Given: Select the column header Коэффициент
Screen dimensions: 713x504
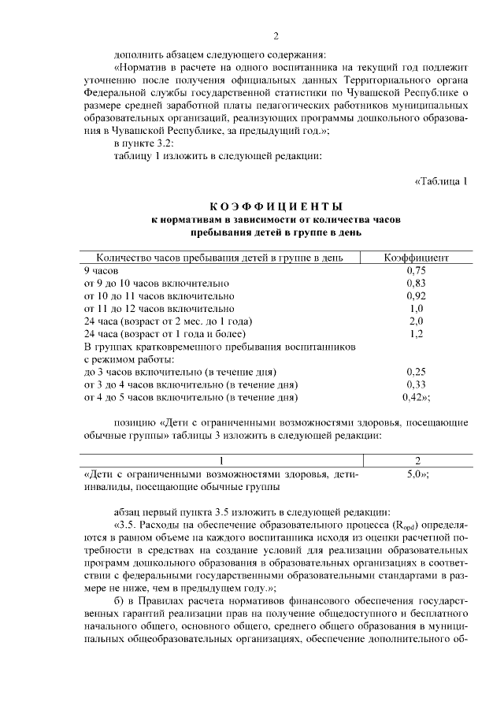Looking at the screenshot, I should point(416,258).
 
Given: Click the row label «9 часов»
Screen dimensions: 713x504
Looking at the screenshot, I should point(101,269).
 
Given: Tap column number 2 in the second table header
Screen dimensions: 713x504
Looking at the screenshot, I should point(416,461).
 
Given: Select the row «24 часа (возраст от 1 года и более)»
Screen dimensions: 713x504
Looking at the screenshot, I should point(168,333).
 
